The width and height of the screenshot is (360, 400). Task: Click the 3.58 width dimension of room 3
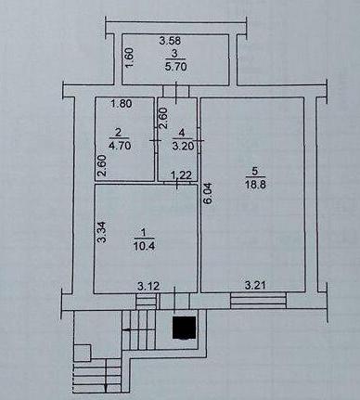click(170, 41)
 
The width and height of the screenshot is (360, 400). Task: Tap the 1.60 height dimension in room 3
click(130, 57)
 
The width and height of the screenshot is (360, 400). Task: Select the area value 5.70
click(175, 67)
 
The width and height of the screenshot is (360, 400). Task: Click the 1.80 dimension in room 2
click(122, 103)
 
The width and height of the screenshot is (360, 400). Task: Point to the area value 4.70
click(120, 145)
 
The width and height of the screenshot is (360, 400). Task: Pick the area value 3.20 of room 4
click(183, 146)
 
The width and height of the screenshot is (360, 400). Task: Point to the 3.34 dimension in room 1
click(102, 232)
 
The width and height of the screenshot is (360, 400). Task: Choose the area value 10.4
click(144, 247)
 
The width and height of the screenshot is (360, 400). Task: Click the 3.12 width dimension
click(148, 286)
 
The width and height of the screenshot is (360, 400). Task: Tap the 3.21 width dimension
click(255, 285)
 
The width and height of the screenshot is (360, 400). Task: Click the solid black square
click(185, 328)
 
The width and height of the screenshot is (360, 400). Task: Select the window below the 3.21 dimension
click(259, 301)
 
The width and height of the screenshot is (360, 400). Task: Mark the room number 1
click(143, 232)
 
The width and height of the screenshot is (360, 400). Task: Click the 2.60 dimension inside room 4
click(163, 118)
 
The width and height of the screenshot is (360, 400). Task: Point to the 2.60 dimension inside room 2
click(102, 165)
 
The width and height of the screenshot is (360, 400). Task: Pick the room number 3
click(175, 53)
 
